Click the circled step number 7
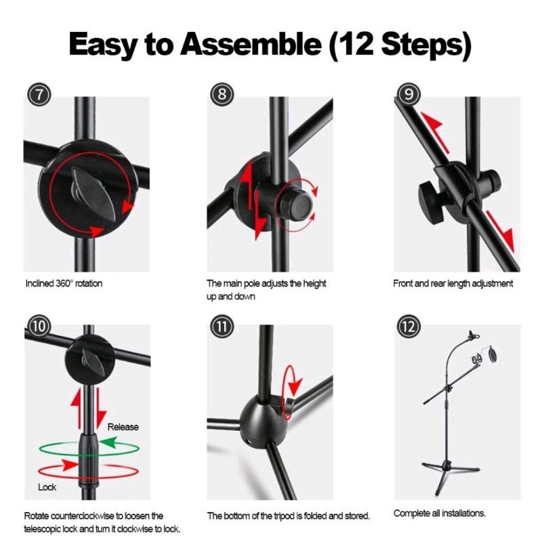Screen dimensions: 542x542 click(39, 94)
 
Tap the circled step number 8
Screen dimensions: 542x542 click(222, 94)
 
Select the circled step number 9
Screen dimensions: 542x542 click(409, 94)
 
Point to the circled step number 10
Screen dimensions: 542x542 click(39, 326)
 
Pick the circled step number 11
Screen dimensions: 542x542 click(222, 326)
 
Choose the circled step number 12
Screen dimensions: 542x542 click(409, 326)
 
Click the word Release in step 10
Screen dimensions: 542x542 click(123, 427)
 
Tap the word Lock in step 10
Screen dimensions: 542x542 click(47, 487)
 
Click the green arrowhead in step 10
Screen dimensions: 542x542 click(108, 442)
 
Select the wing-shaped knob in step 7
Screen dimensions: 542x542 click(93, 193)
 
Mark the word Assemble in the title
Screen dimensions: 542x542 click(251, 44)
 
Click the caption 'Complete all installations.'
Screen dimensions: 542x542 click(439, 513)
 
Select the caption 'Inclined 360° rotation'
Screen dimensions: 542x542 click(64, 283)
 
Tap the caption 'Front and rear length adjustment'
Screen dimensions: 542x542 click(453, 284)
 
